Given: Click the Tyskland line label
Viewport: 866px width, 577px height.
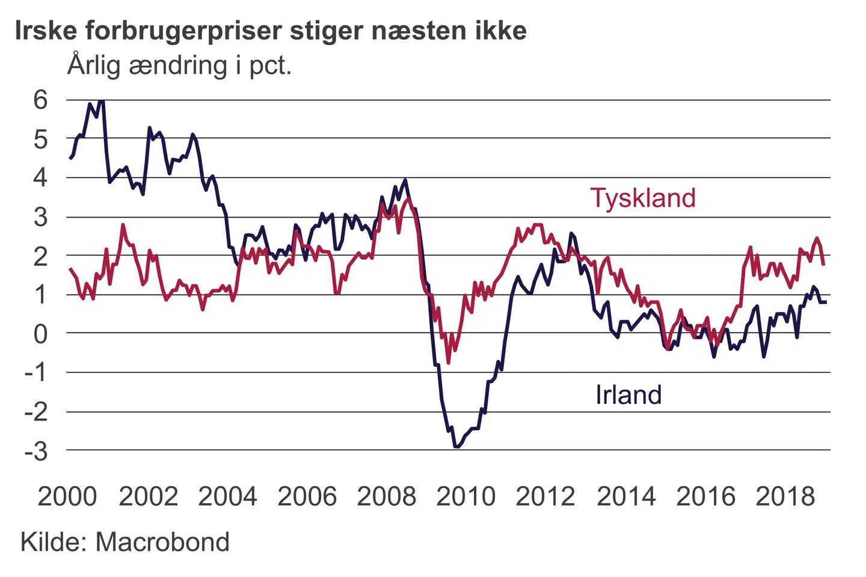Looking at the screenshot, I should pyautogui.click(x=642, y=198).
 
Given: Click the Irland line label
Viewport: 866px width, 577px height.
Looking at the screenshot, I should pyautogui.click(x=628, y=395).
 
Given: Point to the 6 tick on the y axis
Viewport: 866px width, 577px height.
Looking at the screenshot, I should pyautogui.click(x=40, y=100).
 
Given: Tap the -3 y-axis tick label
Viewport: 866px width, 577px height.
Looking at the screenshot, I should pyautogui.click(x=36, y=450).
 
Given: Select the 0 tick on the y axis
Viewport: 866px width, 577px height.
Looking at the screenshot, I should pyautogui.click(x=40, y=334).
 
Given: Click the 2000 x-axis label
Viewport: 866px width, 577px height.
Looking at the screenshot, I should pyautogui.click(x=67, y=496).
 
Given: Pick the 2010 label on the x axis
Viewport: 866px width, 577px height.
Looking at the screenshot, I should pyautogui.click(x=465, y=496).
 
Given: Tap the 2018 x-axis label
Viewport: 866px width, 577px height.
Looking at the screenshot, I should pyautogui.click(x=785, y=496).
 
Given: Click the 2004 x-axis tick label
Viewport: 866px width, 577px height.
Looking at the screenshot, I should pyautogui.click(x=227, y=496).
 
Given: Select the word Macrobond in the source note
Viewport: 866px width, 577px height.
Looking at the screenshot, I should pyautogui.click(x=162, y=542).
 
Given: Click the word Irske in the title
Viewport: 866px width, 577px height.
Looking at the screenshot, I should pyautogui.click(x=46, y=31).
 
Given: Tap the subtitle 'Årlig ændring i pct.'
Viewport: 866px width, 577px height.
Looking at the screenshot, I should pyautogui.click(x=179, y=65).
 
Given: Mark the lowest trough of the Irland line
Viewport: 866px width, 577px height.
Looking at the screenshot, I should pyautogui.click(x=456, y=447).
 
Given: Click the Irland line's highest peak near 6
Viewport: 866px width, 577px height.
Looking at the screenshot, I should pyautogui.click(x=101, y=100).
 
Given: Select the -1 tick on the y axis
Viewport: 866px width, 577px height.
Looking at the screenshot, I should pyautogui.click(x=36, y=373).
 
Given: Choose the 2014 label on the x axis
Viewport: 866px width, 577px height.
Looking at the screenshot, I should pyautogui.click(x=625, y=496).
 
